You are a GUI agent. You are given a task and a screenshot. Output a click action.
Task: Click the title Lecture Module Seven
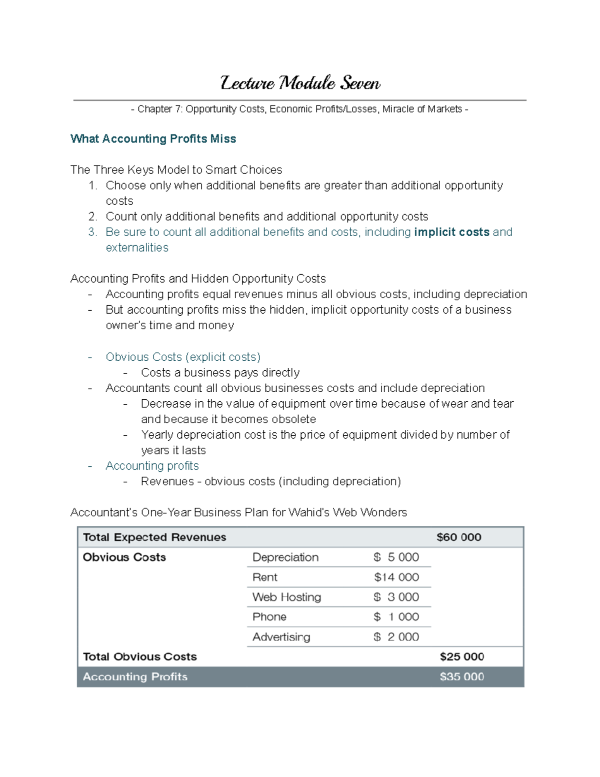click(x=300, y=83)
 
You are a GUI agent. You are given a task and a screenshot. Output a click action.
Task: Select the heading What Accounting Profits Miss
click(x=153, y=139)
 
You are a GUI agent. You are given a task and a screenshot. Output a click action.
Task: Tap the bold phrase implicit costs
click(x=451, y=232)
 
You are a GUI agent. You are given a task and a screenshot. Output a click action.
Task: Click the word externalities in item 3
click(x=137, y=248)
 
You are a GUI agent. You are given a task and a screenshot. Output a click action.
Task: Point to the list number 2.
click(x=92, y=217)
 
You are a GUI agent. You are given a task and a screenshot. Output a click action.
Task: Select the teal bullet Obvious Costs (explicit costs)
click(x=183, y=357)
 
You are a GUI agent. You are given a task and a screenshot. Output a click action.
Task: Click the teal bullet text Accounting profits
click(x=152, y=466)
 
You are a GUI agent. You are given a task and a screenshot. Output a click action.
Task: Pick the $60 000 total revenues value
click(x=458, y=537)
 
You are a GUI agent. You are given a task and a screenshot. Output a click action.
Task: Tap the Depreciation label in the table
click(x=285, y=557)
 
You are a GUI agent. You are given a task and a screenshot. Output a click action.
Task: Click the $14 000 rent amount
click(x=396, y=577)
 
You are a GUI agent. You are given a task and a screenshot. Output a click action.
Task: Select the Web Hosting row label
click(x=286, y=597)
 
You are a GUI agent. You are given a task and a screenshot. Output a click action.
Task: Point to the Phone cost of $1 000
click(x=396, y=617)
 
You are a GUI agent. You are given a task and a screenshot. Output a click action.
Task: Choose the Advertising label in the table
click(x=281, y=637)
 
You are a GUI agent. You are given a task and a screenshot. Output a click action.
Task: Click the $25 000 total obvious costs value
click(x=461, y=657)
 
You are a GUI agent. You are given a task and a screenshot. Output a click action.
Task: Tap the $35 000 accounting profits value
click(x=461, y=677)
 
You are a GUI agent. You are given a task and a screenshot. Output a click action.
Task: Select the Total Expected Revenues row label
click(x=154, y=537)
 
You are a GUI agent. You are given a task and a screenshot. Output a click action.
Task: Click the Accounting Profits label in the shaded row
click(x=135, y=677)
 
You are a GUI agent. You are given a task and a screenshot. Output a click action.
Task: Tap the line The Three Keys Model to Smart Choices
click(x=176, y=170)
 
